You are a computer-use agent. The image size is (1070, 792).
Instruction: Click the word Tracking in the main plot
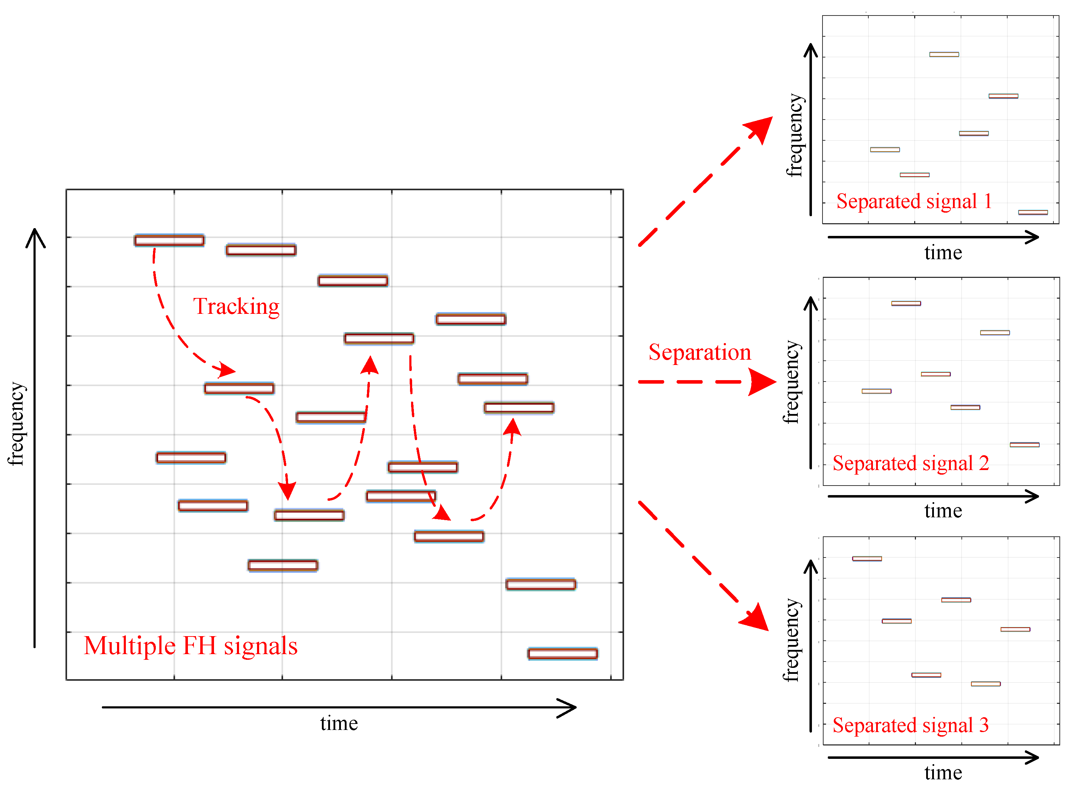(236, 306)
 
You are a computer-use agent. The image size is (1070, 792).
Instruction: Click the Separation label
(699, 352)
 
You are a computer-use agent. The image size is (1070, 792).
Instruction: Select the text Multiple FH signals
(190, 645)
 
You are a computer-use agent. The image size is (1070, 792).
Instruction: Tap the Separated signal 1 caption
(913, 201)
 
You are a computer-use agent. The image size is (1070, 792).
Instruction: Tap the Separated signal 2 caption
(910, 463)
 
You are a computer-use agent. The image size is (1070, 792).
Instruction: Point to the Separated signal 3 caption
(910, 725)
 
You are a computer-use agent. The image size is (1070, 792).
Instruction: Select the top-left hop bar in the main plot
(169, 240)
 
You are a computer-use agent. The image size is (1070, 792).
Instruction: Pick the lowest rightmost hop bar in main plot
(563, 653)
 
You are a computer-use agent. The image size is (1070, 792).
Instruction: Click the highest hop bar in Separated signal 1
(944, 54)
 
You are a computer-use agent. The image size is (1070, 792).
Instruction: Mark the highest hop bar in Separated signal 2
(906, 303)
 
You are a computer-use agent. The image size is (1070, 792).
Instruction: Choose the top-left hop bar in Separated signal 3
(867, 559)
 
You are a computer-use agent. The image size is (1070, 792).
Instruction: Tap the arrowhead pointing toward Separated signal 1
(760, 128)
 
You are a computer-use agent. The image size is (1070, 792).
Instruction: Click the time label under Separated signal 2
(943, 511)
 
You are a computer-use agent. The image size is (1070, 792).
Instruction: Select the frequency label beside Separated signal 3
(791, 640)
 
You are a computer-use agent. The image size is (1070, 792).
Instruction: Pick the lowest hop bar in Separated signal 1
(1033, 212)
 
